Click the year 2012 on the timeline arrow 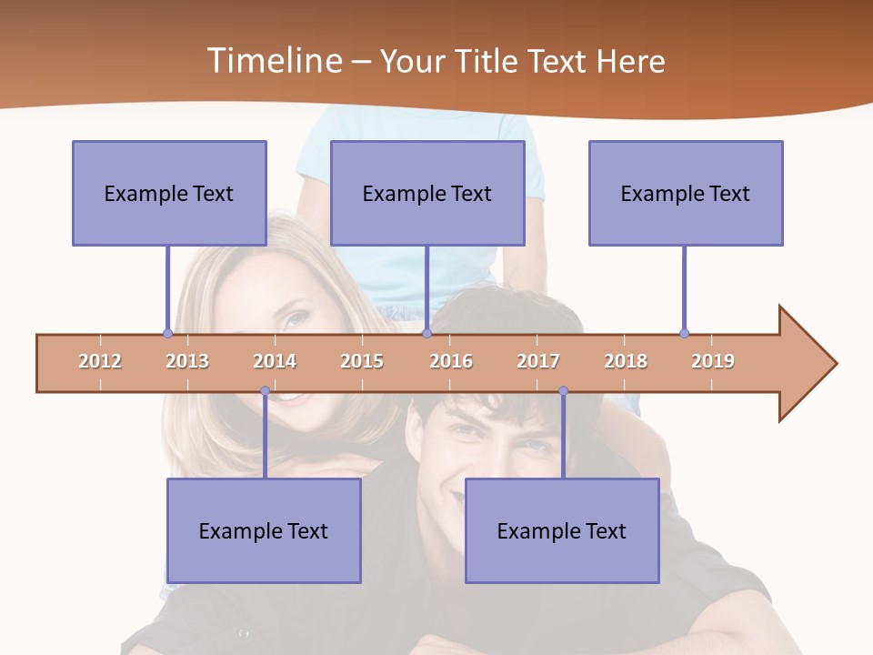coord(100,361)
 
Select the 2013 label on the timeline coord(187,361)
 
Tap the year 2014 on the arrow coord(275,361)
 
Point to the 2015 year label coord(362,361)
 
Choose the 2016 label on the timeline coord(451,361)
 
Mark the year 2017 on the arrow coord(538,361)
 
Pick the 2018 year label coord(626,361)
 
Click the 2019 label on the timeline coord(713,361)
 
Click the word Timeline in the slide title coord(272,61)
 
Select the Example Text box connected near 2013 coord(169,193)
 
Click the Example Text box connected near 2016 coord(427,193)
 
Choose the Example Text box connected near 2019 coord(686,193)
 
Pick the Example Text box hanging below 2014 coord(264,530)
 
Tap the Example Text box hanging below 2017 coord(562,530)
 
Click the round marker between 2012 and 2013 coord(167,333)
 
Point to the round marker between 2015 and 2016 coord(426,333)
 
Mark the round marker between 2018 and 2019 coord(684,333)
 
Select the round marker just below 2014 coord(265,391)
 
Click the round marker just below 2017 coord(563,391)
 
